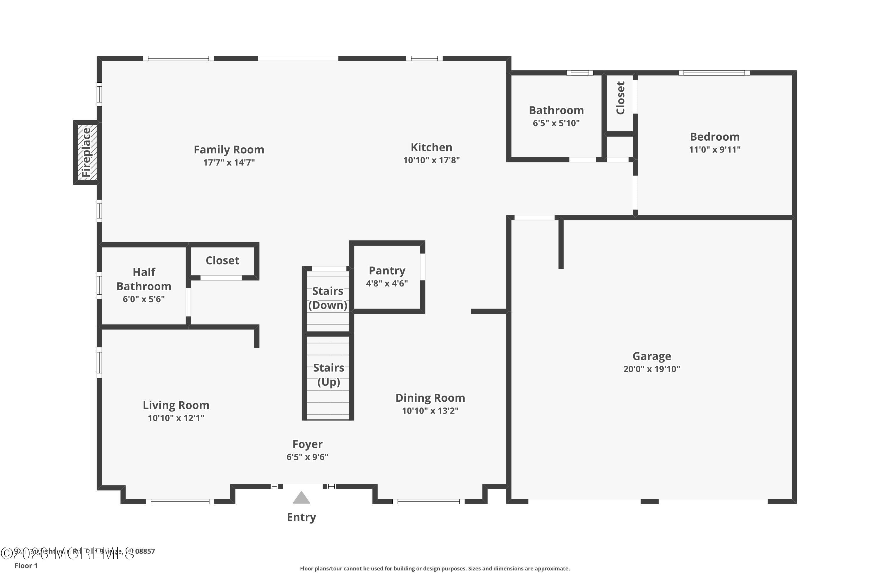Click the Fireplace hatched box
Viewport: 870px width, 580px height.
click(87, 153)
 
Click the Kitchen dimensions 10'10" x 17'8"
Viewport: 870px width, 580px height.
click(431, 160)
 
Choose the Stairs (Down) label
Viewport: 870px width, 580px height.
click(328, 298)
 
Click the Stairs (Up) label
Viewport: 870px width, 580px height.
click(329, 375)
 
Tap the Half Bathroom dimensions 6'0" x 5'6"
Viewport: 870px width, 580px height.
click(144, 299)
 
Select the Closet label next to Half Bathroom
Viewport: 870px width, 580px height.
click(222, 260)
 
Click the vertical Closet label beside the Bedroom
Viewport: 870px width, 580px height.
click(620, 98)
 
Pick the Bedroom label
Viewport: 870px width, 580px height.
click(715, 137)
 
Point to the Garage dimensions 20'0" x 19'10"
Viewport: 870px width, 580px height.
click(651, 369)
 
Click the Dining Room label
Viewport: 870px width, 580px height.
click(430, 398)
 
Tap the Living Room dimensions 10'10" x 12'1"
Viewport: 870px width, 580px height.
click(176, 418)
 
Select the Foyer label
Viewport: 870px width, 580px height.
click(307, 444)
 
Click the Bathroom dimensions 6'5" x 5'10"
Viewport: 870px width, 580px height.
click(556, 123)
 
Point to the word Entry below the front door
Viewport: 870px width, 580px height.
click(302, 517)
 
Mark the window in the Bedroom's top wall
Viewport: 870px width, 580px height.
click(714, 73)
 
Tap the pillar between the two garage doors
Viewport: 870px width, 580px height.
click(649, 502)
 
